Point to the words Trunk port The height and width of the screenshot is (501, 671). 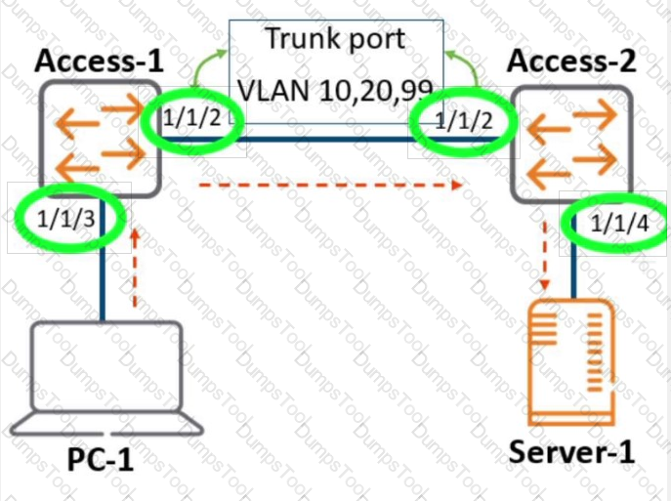[x=335, y=40]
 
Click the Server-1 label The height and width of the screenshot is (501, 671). [x=571, y=452]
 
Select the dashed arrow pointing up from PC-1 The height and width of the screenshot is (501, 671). [x=135, y=264]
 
